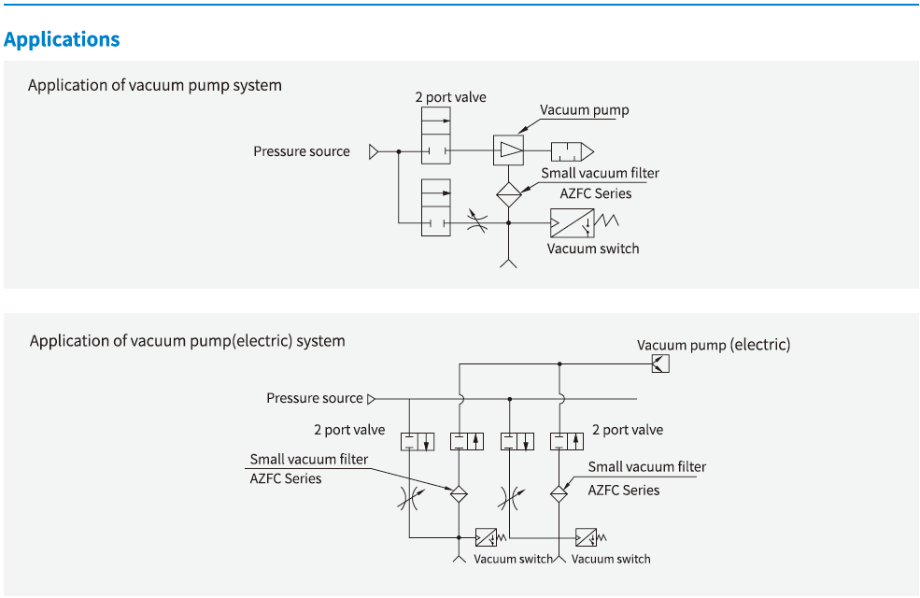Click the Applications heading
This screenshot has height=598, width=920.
(x=62, y=39)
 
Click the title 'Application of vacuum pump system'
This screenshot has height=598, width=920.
(x=154, y=85)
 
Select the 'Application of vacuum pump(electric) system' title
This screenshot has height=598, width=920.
(x=187, y=341)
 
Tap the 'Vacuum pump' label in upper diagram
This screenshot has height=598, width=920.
(x=585, y=110)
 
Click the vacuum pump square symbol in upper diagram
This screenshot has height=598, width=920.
(x=508, y=150)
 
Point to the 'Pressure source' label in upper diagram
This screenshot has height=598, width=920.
(x=302, y=151)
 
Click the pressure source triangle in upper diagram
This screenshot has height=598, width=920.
(x=374, y=151)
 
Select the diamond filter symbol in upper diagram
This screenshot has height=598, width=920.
(x=508, y=194)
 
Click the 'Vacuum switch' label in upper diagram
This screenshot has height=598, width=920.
(x=593, y=249)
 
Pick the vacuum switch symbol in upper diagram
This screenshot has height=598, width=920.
(x=572, y=223)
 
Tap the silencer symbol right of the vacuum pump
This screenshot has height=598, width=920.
(x=571, y=151)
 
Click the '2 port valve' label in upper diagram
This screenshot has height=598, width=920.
(x=451, y=97)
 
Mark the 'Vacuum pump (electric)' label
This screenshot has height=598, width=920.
(x=714, y=345)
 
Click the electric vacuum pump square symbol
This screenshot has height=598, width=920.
(x=659, y=364)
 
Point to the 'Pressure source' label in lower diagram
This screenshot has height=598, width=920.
(x=314, y=398)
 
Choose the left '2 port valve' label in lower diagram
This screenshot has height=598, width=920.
(x=349, y=430)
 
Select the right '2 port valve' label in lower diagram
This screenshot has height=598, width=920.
(x=628, y=430)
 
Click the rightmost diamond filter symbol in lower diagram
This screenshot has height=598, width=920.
(x=559, y=494)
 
